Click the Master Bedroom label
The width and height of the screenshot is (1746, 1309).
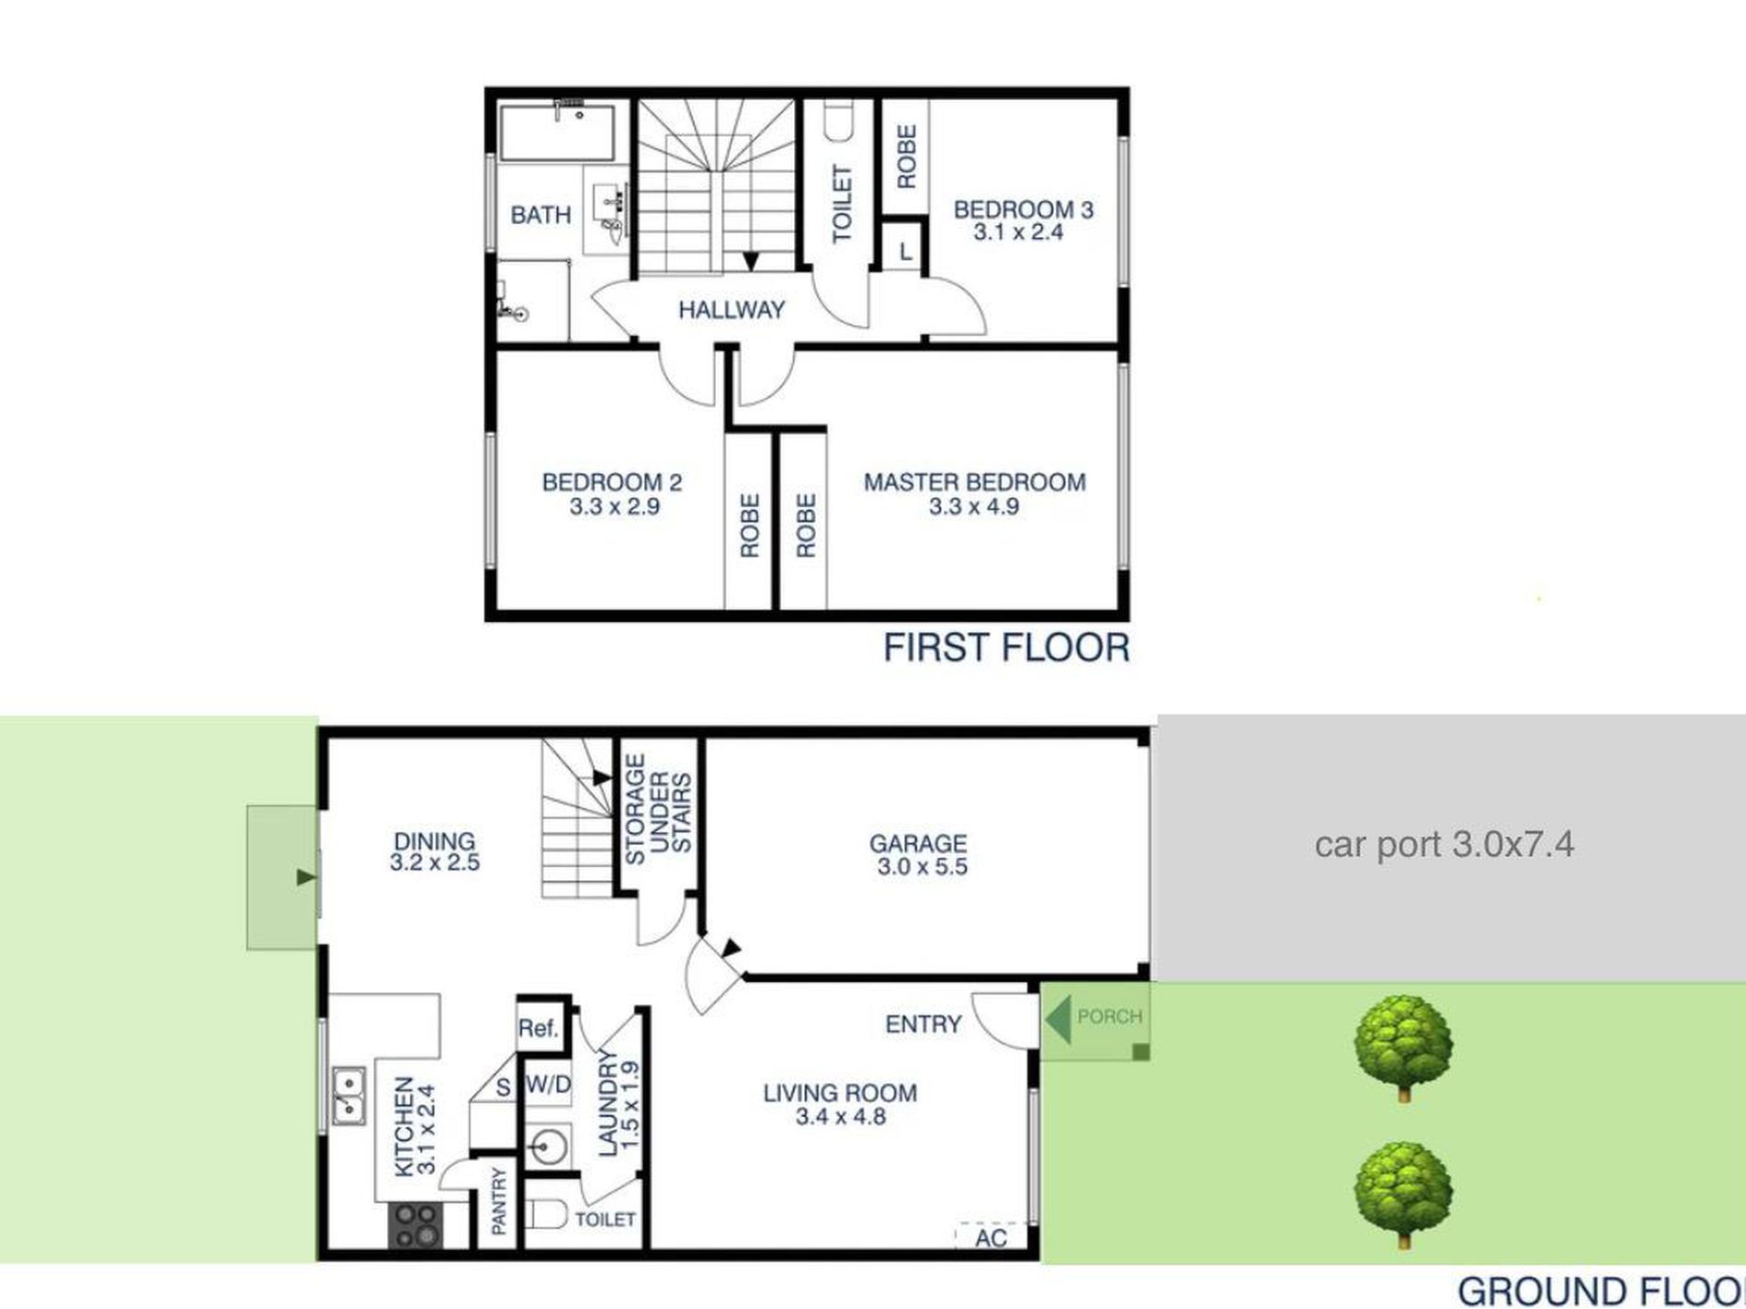(x=974, y=482)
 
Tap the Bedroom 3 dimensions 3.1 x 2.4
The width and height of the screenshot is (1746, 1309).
(x=1018, y=232)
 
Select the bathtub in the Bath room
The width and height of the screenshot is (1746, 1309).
(x=557, y=133)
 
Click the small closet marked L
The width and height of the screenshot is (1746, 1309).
(x=905, y=251)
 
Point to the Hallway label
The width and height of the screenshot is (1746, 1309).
(x=731, y=310)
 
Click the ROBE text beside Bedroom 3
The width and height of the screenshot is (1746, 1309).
(x=906, y=157)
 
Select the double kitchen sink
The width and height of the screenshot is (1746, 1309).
(x=348, y=1097)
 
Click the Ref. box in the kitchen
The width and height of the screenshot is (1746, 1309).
(x=539, y=1028)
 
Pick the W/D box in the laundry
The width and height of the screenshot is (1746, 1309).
(x=549, y=1085)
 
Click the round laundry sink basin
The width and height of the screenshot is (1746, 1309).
(x=548, y=1147)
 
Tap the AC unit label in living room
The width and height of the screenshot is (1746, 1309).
(x=991, y=1238)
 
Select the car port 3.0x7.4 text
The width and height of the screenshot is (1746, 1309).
(x=1444, y=844)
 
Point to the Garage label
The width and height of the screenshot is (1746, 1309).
(x=917, y=843)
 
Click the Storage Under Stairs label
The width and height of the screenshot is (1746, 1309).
(x=658, y=809)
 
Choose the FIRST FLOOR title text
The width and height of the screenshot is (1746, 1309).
(x=1006, y=649)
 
